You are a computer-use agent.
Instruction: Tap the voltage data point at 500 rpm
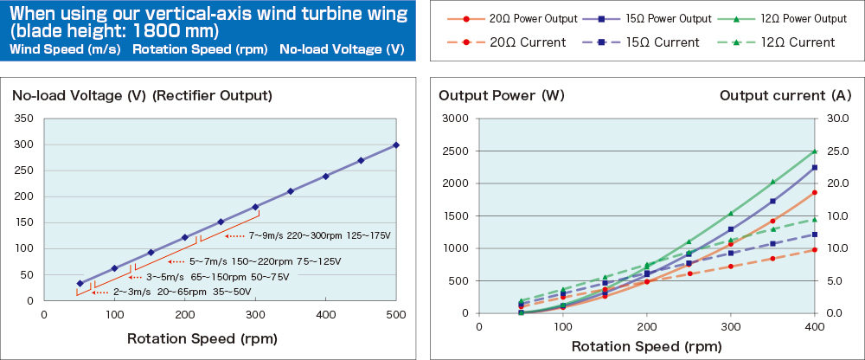pyautogui.click(x=396, y=145)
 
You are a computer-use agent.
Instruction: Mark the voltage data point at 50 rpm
pyautogui.click(x=80, y=283)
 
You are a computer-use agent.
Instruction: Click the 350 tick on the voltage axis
pyautogui.click(x=24, y=119)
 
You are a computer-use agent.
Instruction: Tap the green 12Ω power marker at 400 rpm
pyautogui.click(x=815, y=151)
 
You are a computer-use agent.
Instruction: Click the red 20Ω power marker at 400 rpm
pyautogui.click(x=815, y=193)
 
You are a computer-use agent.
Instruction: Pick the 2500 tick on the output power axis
pyautogui.click(x=454, y=151)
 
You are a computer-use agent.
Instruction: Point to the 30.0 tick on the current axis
pyautogui.click(x=838, y=119)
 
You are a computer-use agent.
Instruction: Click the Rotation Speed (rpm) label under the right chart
pyautogui.click(x=647, y=346)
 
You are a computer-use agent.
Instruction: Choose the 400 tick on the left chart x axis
pyautogui.click(x=325, y=315)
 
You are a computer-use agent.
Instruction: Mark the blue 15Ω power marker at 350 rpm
pyautogui.click(x=772, y=201)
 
